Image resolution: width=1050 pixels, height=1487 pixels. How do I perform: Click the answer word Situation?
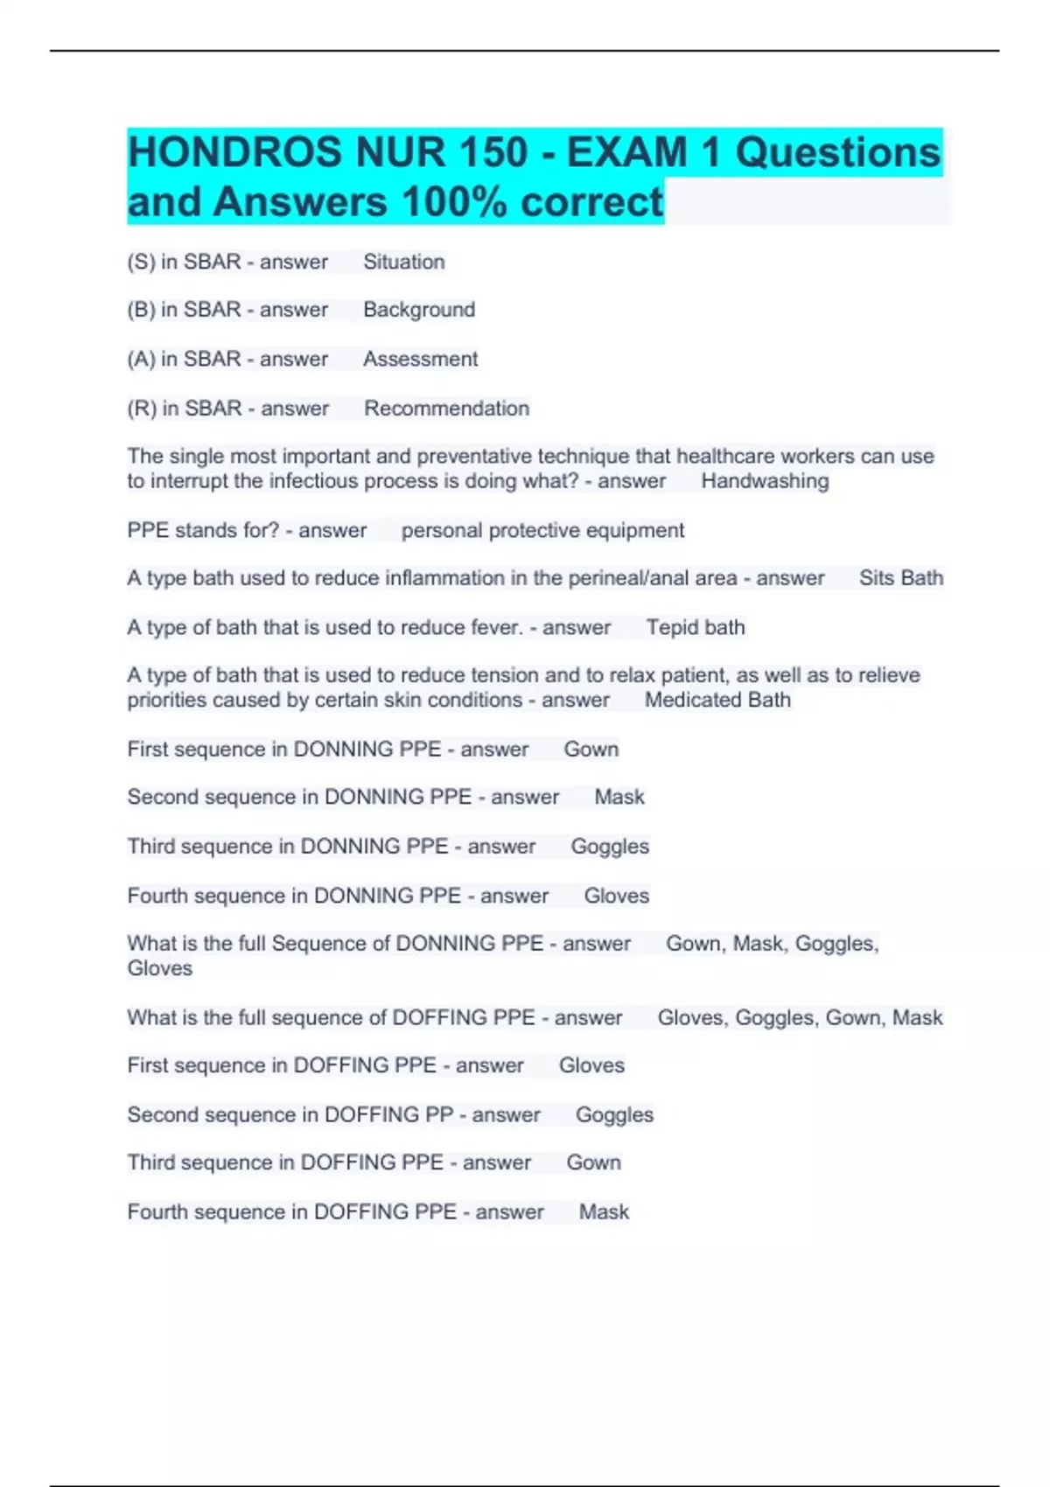(403, 262)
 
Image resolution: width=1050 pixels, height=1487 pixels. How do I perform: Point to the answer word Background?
(419, 310)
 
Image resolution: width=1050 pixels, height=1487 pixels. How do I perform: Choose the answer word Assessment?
(420, 359)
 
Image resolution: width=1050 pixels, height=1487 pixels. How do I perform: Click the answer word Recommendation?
(446, 408)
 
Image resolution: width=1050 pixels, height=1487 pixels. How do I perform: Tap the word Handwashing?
(764, 481)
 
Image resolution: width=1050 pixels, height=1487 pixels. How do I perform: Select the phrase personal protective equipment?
(542, 530)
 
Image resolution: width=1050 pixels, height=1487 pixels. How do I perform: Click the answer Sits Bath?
(900, 578)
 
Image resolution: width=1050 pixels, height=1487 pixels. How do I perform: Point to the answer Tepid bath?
(696, 627)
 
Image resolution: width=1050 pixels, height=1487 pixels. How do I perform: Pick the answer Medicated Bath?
(717, 700)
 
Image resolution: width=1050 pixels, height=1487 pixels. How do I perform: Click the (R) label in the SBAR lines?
(141, 408)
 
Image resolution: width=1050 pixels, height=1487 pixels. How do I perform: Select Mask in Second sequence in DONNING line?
(619, 797)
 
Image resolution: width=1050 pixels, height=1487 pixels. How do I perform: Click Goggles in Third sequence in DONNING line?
(610, 847)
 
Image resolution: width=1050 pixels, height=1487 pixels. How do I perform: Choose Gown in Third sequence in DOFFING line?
(593, 1162)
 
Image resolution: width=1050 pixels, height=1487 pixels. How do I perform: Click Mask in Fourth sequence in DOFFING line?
(604, 1211)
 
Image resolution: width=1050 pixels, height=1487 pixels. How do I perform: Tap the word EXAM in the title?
(627, 152)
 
